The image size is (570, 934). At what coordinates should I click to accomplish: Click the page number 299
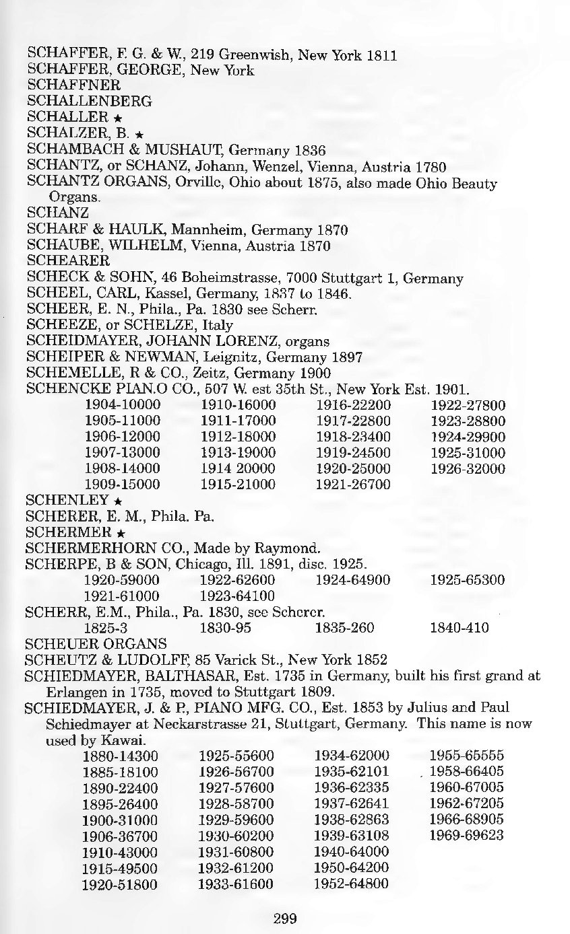[285, 917]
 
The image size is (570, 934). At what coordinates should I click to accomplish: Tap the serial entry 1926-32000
[468, 468]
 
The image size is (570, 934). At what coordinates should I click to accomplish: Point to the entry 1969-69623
[466, 836]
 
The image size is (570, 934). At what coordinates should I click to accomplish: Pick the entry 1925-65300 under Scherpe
[468, 579]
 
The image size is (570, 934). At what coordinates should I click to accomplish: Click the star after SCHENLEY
[118, 501]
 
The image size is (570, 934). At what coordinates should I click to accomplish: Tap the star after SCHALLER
[117, 118]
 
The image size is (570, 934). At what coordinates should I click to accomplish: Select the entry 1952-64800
[351, 884]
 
